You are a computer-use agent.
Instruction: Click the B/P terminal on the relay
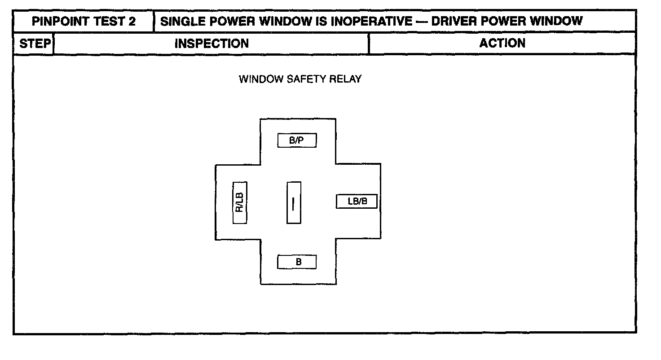tap(297, 140)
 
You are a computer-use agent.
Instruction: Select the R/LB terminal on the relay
tap(240, 202)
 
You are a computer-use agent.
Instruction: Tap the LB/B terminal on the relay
tap(357, 202)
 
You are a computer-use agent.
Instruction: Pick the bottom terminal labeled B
tap(297, 262)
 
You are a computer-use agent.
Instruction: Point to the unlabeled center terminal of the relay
tap(294, 202)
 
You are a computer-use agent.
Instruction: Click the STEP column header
tap(34, 44)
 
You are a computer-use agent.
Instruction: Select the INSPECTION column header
tap(211, 44)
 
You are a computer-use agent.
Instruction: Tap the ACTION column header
tap(502, 43)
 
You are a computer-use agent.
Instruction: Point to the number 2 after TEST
tap(132, 21)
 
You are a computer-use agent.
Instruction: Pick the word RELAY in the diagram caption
tap(345, 79)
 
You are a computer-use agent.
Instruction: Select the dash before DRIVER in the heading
tap(421, 21)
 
